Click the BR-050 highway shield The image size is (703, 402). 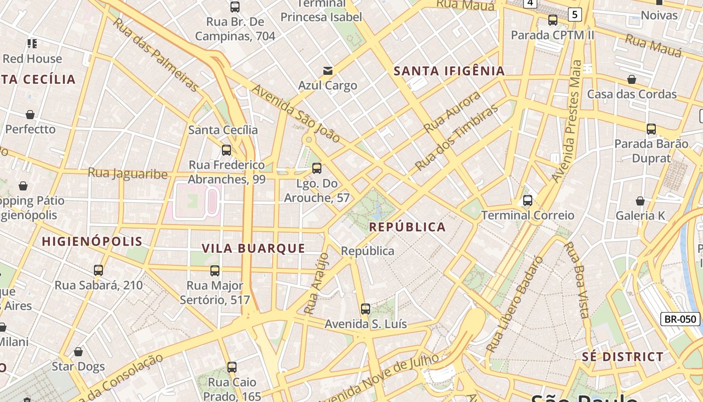click(x=680, y=319)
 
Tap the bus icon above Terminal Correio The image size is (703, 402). click(x=528, y=200)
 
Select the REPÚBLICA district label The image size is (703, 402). click(x=407, y=227)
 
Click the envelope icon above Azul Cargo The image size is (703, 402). click(x=328, y=71)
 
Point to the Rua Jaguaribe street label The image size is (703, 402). click(x=128, y=173)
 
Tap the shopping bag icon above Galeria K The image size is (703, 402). click(x=640, y=201)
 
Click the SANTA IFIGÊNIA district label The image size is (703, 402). click(x=449, y=71)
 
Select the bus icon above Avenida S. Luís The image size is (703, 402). click(x=366, y=309)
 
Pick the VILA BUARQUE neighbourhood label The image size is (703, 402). click(x=253, y=248)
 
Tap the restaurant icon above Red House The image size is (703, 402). click(x=32, y=44)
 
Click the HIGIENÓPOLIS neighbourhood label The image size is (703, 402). click(x=92, y=241)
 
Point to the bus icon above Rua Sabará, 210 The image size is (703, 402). click(x=98, y=270)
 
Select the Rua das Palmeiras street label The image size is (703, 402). click(x=155, y=55)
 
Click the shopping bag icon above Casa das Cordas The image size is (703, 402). click(x=632, y=79)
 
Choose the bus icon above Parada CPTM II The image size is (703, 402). click(x=553, y=20)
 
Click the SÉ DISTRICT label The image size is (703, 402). click(x=623, y=357)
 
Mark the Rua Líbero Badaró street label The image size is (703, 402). click(x=515, y=304)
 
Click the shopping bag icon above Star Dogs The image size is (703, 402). click(x=78, y=352)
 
